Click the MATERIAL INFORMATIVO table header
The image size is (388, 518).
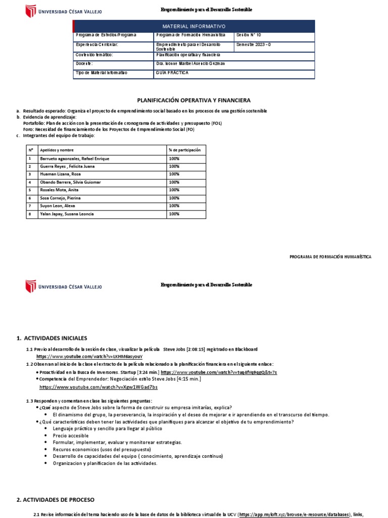tap(194, 26)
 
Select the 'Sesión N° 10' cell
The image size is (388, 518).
tap(249, 35)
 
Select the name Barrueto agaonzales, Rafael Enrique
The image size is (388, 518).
tap(74, 159)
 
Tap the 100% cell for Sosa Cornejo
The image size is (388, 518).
tap(174, 198)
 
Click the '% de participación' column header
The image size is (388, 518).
tap(184, 150)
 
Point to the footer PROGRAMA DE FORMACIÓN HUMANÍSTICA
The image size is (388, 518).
tap(330, 257)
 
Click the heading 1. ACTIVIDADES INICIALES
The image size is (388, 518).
tap(52, 338)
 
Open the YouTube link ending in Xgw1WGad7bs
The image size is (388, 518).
tap(99, 387)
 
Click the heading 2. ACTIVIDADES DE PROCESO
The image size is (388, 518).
tap(55, 500)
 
